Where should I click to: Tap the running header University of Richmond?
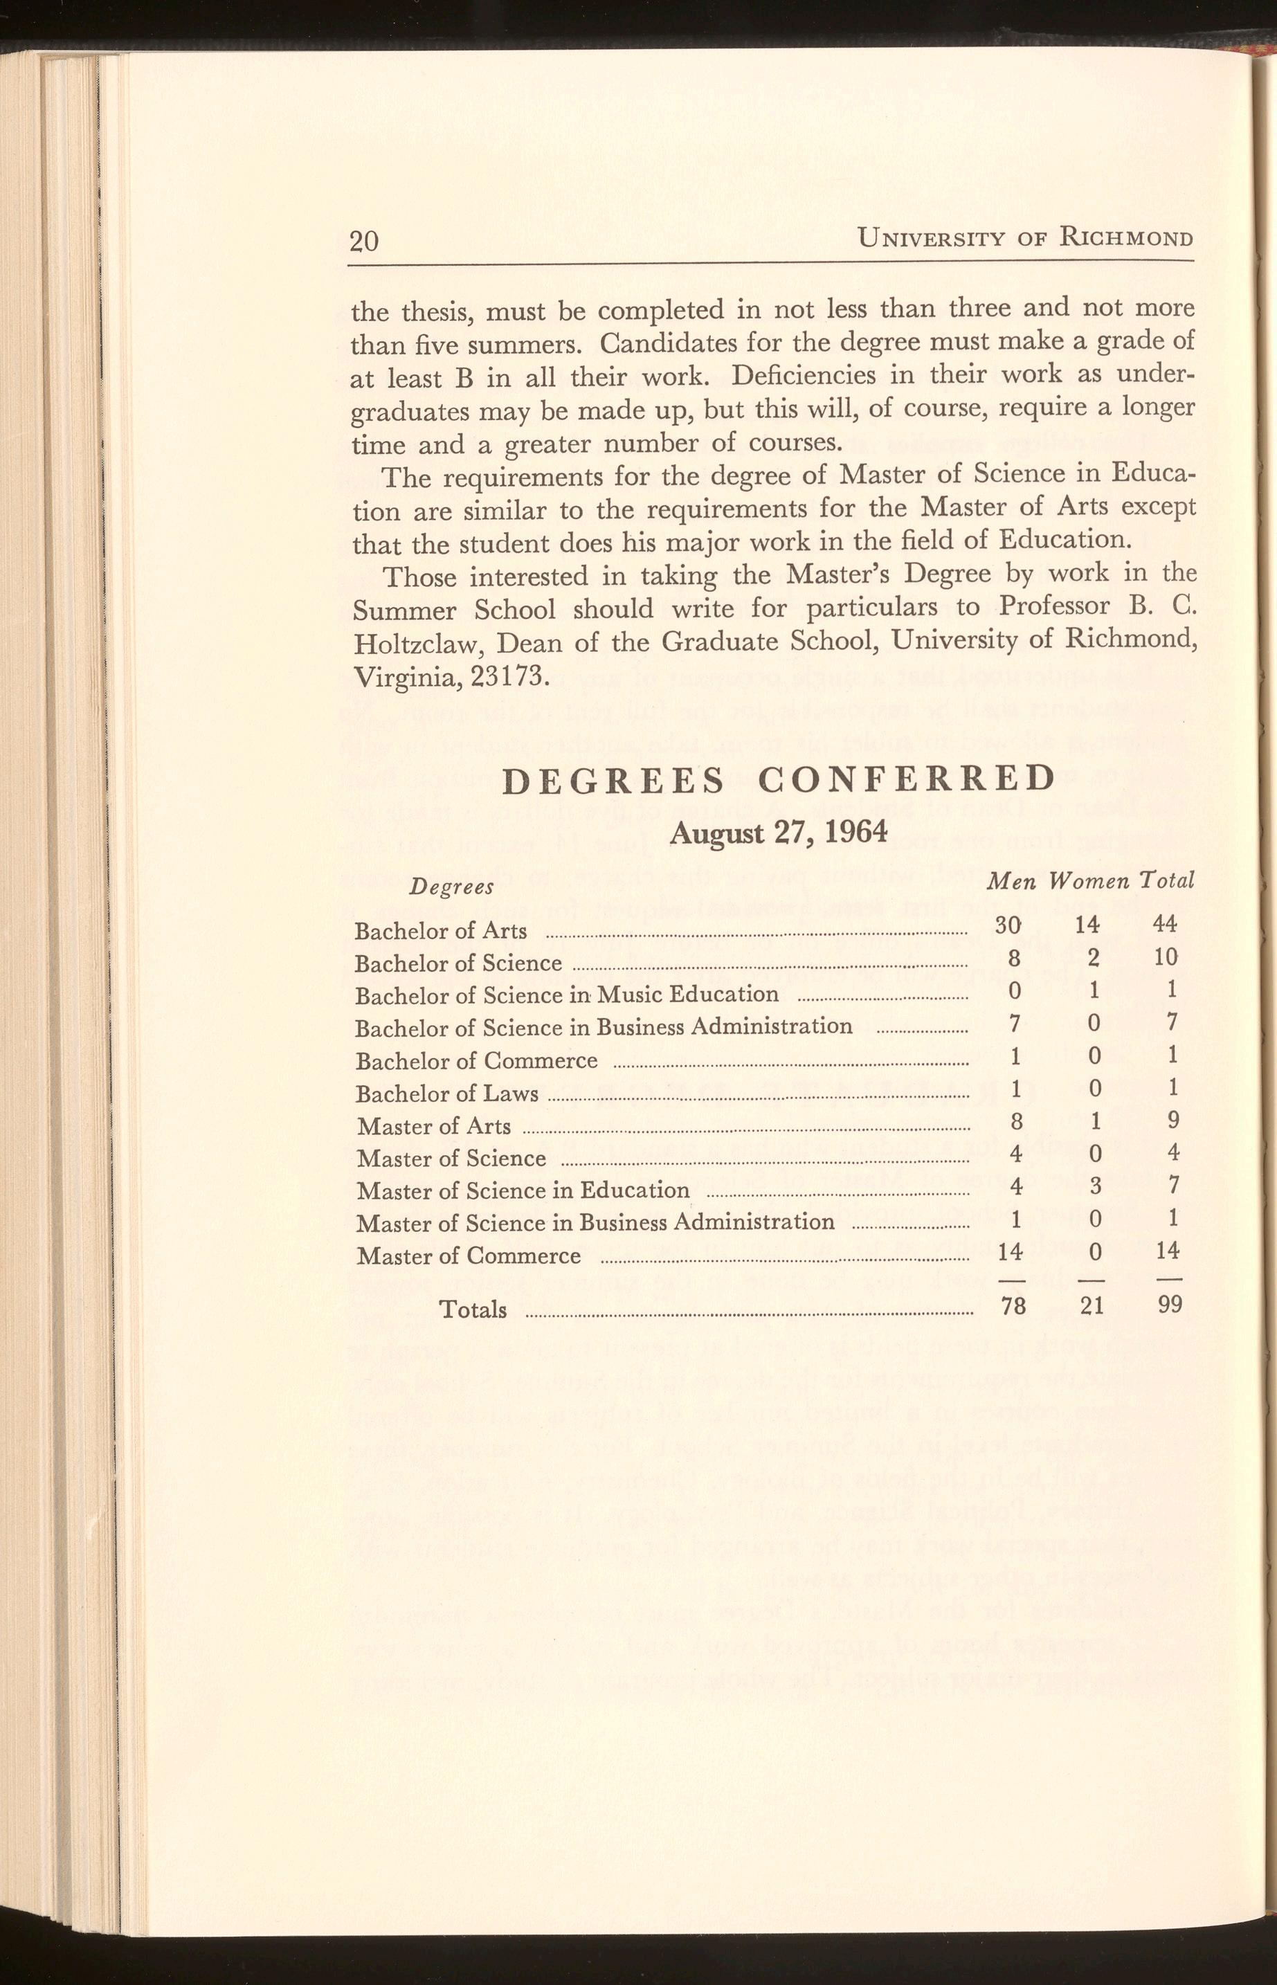coord(1026,238)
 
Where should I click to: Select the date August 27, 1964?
coord(779,832)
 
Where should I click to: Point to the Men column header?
coord(1010,880)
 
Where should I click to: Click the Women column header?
coord(1089,880)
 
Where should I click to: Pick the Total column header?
coord(1167,880)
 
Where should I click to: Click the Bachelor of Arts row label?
coord(440,931)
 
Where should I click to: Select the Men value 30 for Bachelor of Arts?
coord(1008,925)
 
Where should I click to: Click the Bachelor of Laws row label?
coord(447,1094)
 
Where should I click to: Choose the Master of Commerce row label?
coord(469,1256)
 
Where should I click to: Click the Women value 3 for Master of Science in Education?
coord(1094,1186)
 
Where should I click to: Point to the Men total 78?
coord(1013,1306)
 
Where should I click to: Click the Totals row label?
coord(472,1309)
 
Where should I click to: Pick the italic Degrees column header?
coord(452,887)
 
